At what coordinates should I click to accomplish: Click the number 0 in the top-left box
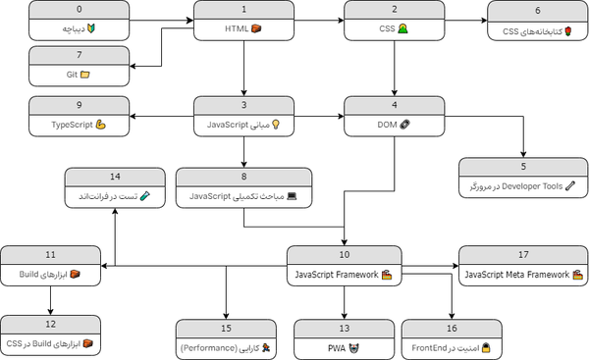click(79, 9)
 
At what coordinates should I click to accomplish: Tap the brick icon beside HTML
click(256, 28)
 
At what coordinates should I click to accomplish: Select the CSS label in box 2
click(387, 28)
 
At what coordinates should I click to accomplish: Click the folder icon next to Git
click(85, 75)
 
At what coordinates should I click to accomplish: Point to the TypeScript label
click(72, 125)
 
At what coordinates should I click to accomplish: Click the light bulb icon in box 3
click(276, 125)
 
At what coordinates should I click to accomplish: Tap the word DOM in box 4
click(387, 125)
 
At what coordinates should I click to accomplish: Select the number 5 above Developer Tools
click(523, 167)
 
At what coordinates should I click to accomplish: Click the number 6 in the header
click(538, 11)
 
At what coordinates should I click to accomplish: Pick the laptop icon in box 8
click(292, 196)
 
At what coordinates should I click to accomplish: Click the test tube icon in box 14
click(145, 196)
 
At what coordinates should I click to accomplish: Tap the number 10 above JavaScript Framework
click(345, 254)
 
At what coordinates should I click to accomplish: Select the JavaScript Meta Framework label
click(517, 275)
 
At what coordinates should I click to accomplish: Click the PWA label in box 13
click(337, 348)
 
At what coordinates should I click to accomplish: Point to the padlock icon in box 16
click(487, 347)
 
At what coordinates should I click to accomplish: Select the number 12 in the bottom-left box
click(50, 324)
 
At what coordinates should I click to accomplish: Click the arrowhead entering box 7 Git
click(133, 67)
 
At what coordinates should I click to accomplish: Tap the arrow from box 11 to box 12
click(50, 300)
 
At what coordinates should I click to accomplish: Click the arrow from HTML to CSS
click(319, 21)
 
